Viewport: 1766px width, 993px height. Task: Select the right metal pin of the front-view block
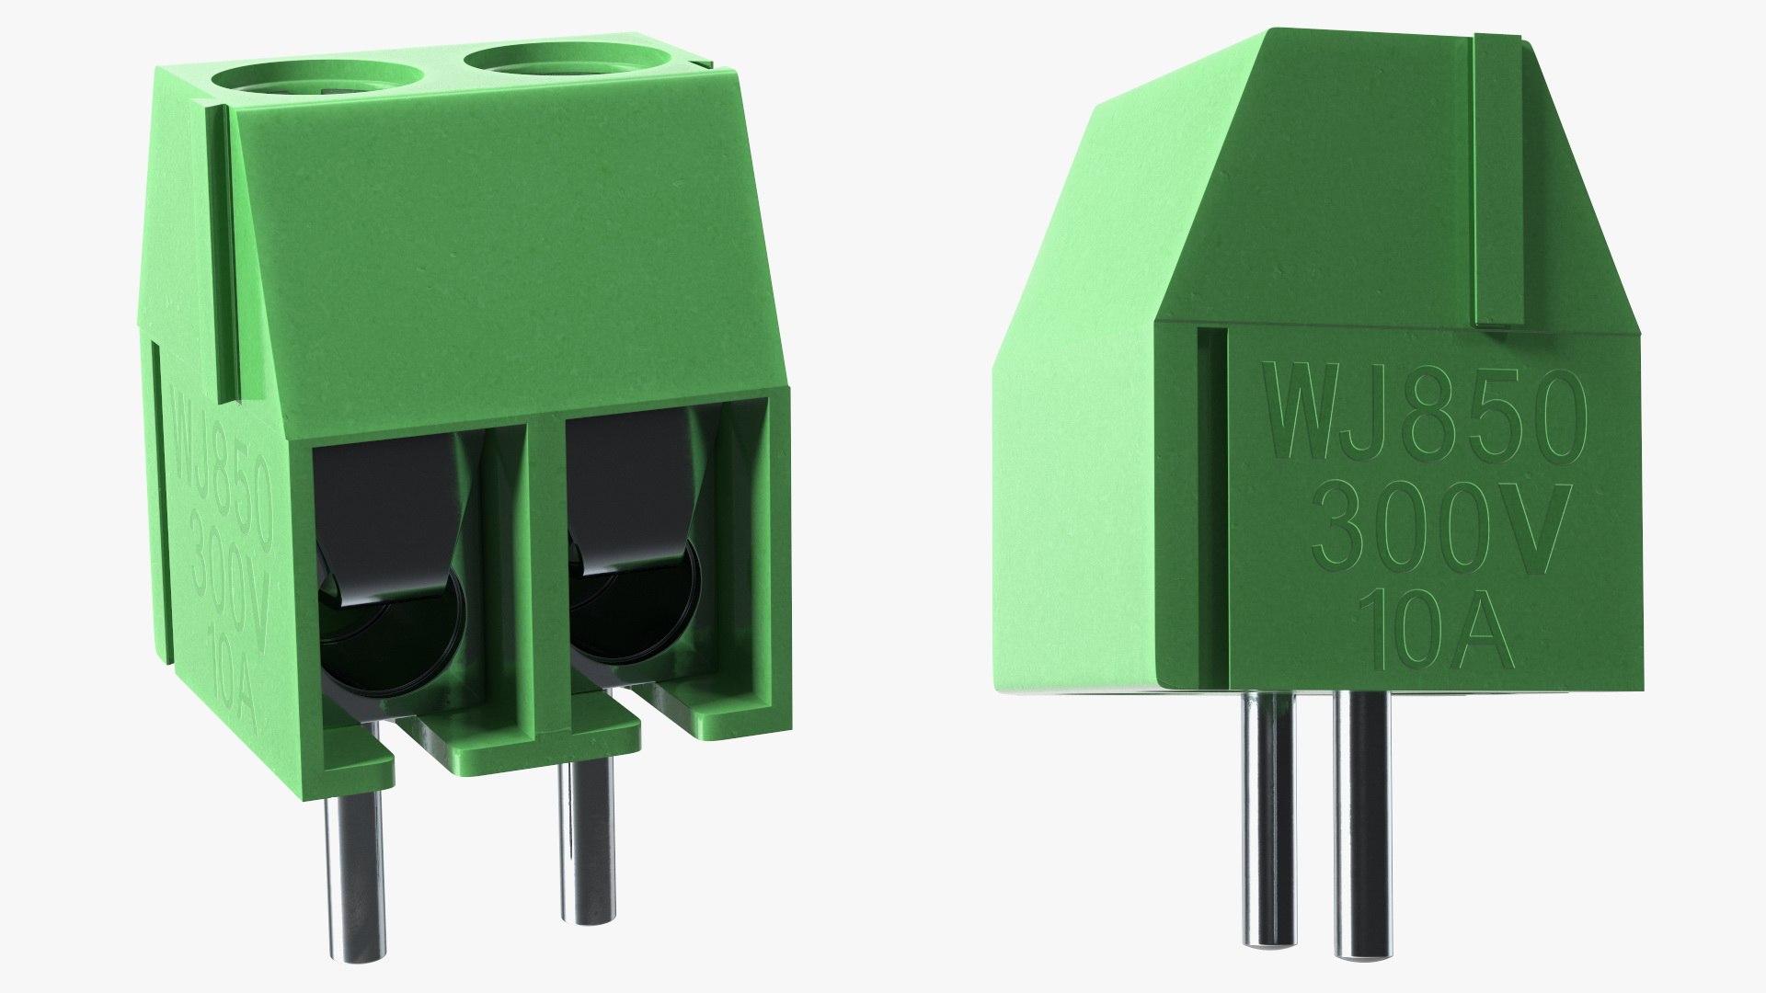583,818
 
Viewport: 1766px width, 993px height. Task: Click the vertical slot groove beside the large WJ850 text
1212,506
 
